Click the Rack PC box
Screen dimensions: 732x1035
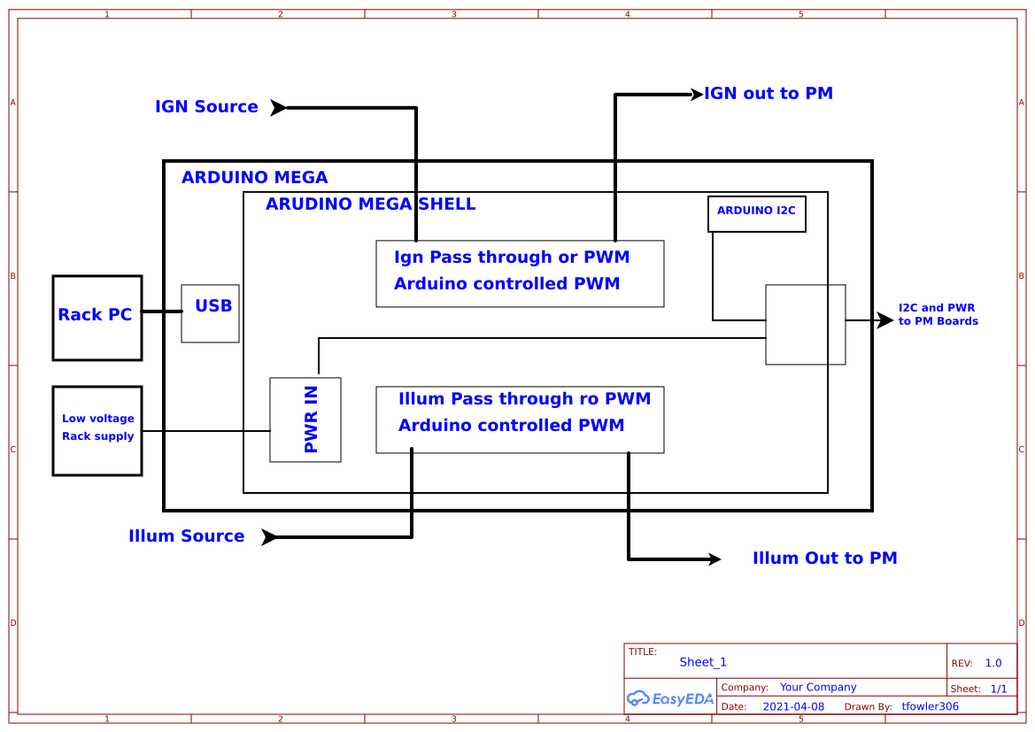(x=97, y=318)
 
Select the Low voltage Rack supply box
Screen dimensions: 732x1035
(x=97, y=430)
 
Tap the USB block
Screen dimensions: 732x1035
(x=211, y=313)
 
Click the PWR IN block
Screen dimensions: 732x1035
(x=305, y=420)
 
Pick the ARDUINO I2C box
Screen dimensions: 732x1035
(x=756, y=213)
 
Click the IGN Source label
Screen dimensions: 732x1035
(x=206, y=107)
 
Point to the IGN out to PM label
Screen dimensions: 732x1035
(x=768, y=94)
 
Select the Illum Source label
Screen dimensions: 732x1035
(x=186, y=536)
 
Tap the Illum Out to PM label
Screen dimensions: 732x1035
(x=824, y=559)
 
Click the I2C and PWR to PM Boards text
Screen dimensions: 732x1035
(x=938, y=314)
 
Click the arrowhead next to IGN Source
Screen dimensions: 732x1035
(x=278, y=108)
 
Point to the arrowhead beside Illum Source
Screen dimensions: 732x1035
(x=269, y=537)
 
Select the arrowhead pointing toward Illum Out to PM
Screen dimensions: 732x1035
(x=714, y=559)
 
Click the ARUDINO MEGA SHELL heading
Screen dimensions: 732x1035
(x=370, y=204)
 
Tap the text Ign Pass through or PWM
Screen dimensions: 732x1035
(x=512, y=258)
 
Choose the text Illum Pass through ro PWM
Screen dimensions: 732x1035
(x=524, y=399)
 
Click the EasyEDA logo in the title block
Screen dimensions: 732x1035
(x=670, y=698)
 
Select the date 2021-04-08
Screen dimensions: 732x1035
(x=792, y=706)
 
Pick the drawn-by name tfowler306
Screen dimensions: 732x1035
(x=930, y=706)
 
